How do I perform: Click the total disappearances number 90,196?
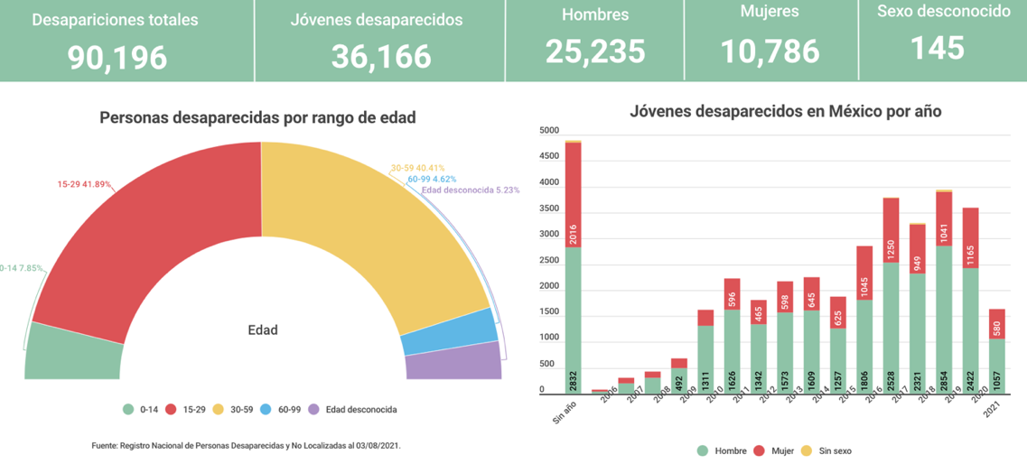(x=117, y=57)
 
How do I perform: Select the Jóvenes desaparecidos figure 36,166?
(x=380, y=57)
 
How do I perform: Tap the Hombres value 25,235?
(x=595, y=51)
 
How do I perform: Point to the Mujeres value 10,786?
(x=770, y=51)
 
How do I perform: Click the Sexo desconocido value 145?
(x=938, y=48)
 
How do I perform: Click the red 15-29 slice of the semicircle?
(x=145, y=235)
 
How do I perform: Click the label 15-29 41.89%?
(x=84, y=184)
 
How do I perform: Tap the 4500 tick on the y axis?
(x=549, y=156)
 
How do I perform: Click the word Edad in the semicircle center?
(x=262, y=329)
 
